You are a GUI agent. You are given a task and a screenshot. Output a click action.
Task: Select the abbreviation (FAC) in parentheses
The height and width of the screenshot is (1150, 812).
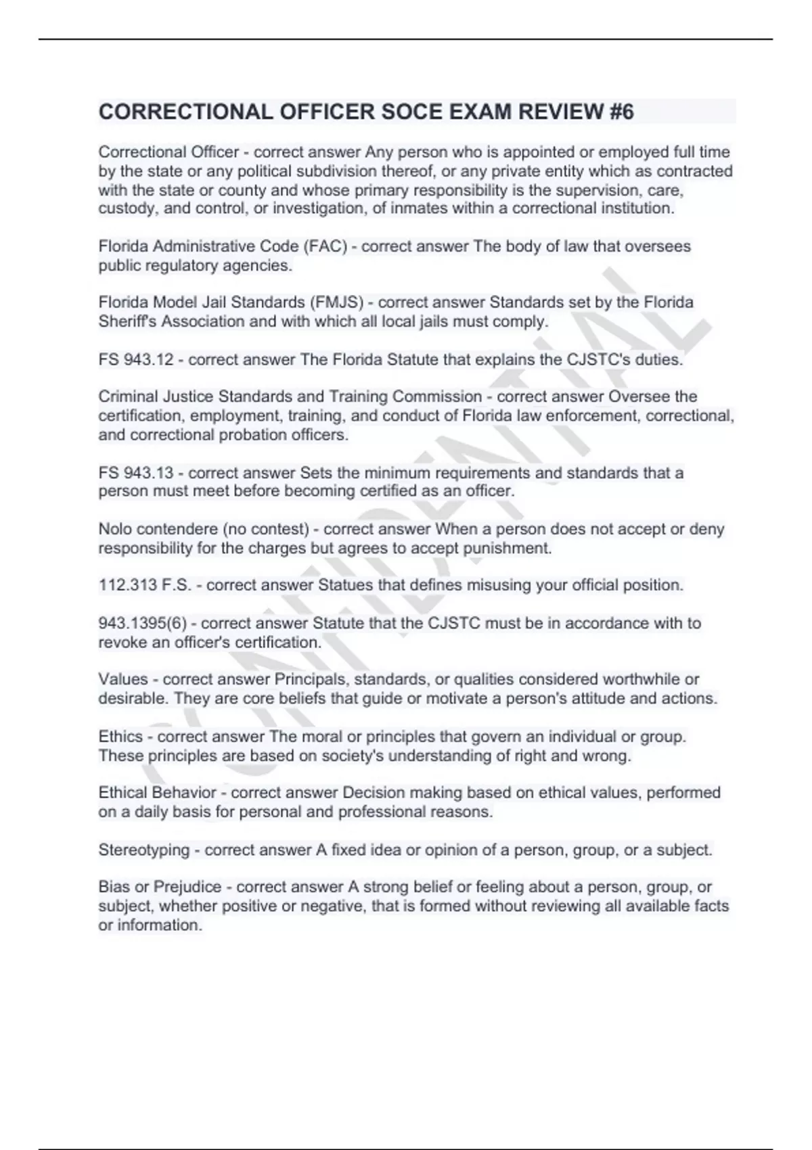click(x=325, y=246)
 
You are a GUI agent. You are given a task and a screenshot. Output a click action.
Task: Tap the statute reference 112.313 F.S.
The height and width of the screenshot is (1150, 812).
click(x=145, y=585)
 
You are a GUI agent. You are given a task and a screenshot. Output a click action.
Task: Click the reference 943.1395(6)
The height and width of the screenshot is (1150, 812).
click(x=142, y=623)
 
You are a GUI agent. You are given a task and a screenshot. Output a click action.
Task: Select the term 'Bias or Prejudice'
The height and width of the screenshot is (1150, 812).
click(x=160, y=887)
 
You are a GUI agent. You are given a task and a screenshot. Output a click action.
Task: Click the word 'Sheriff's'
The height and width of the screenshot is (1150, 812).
click(x=127, y=321)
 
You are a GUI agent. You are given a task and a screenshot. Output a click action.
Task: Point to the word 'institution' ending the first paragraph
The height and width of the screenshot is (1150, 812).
click(x=633, y=208)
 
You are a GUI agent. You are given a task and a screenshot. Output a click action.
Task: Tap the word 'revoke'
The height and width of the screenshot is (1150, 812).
click(x=122, y=642)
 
